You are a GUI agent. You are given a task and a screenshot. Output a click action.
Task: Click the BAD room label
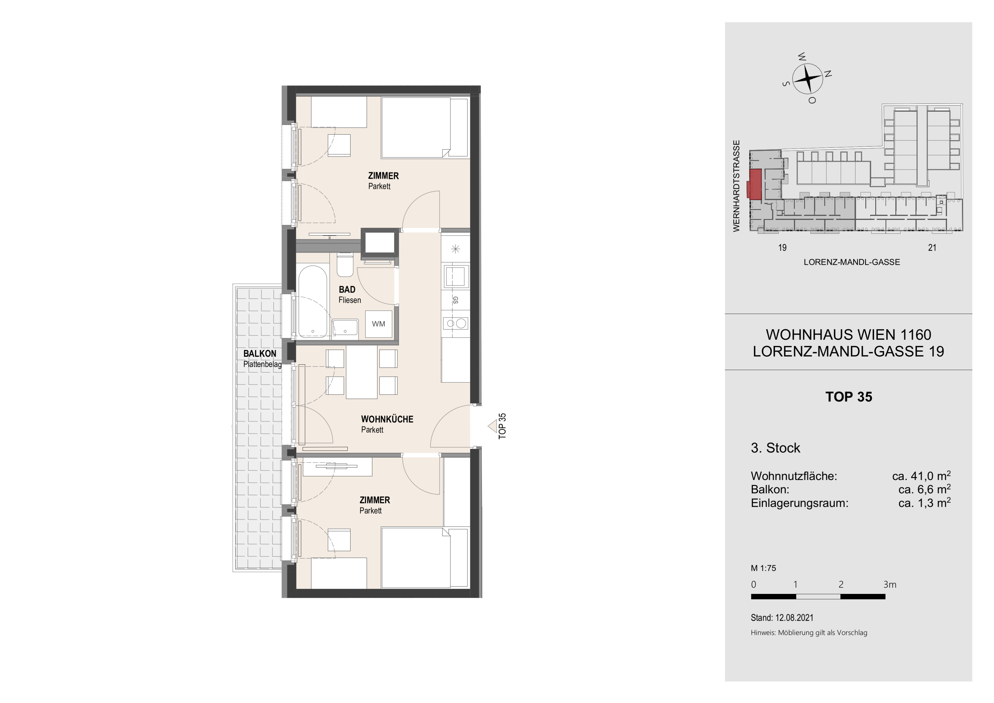(x=347, y=290)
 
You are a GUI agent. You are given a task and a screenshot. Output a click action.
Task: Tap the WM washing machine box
(x=378, y=324)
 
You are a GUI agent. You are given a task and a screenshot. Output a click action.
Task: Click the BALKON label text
(x=259, y=354)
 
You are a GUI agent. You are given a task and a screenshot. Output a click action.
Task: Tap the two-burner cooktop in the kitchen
(x=456, y=323)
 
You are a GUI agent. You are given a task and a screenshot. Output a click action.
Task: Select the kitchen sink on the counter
(x=455, y=276)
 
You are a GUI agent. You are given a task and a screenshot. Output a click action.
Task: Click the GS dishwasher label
(x=455, y=300)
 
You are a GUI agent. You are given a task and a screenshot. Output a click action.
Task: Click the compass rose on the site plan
(x=807, y=78)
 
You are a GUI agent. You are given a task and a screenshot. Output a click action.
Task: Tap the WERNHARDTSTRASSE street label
(x=736, y=186)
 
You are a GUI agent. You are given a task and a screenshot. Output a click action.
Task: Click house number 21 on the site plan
(x=932, y=248)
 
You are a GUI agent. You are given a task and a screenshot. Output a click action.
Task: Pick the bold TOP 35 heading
(x=849, y=397)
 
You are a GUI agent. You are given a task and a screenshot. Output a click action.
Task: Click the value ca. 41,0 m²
(x=921, y=476)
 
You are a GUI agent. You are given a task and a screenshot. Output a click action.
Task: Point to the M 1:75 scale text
(x=763, y=568)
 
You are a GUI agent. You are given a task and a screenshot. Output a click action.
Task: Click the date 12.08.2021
(x=794, y=618)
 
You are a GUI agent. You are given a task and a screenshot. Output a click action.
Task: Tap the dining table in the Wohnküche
(x=362, y=372)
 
